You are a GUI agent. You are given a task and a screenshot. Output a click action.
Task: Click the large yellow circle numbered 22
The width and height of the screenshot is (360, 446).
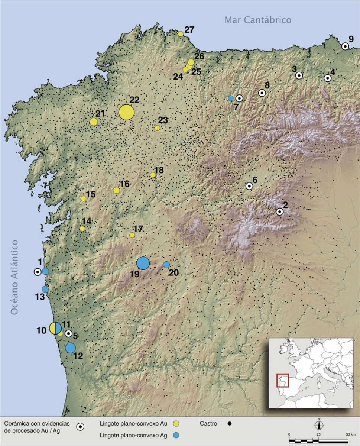pos(126,112)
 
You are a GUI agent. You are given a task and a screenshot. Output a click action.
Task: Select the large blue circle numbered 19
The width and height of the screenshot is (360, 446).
pos(143,263)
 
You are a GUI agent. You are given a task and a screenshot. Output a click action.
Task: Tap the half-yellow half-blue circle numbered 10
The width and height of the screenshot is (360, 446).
pos(55,328)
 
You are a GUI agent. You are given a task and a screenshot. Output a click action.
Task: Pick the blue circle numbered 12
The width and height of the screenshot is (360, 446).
pos(70,348)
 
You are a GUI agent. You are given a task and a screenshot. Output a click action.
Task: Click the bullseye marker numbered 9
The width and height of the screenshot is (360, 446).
pos(345,46)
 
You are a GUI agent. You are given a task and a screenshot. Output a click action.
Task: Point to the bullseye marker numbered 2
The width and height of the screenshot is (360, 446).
pos(280,211)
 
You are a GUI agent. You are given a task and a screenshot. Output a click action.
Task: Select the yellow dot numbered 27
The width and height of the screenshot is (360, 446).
pos(181,34)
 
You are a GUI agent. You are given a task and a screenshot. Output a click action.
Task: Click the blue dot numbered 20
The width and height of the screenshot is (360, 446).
pos(166,265)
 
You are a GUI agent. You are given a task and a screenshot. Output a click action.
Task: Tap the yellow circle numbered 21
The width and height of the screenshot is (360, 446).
pos(94,122)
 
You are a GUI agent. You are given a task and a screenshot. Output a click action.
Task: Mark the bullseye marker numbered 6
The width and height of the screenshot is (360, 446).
pos(249,186)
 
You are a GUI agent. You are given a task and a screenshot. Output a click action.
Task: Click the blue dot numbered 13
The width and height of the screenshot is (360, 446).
pos(45,289)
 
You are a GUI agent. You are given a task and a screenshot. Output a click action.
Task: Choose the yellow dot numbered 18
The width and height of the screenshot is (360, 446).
pos(153,175)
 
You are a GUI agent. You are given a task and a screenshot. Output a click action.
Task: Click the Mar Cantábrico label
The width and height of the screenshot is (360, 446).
pos(258,20)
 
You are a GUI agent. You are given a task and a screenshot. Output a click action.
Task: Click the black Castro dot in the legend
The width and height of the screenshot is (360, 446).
pos(230,423)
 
